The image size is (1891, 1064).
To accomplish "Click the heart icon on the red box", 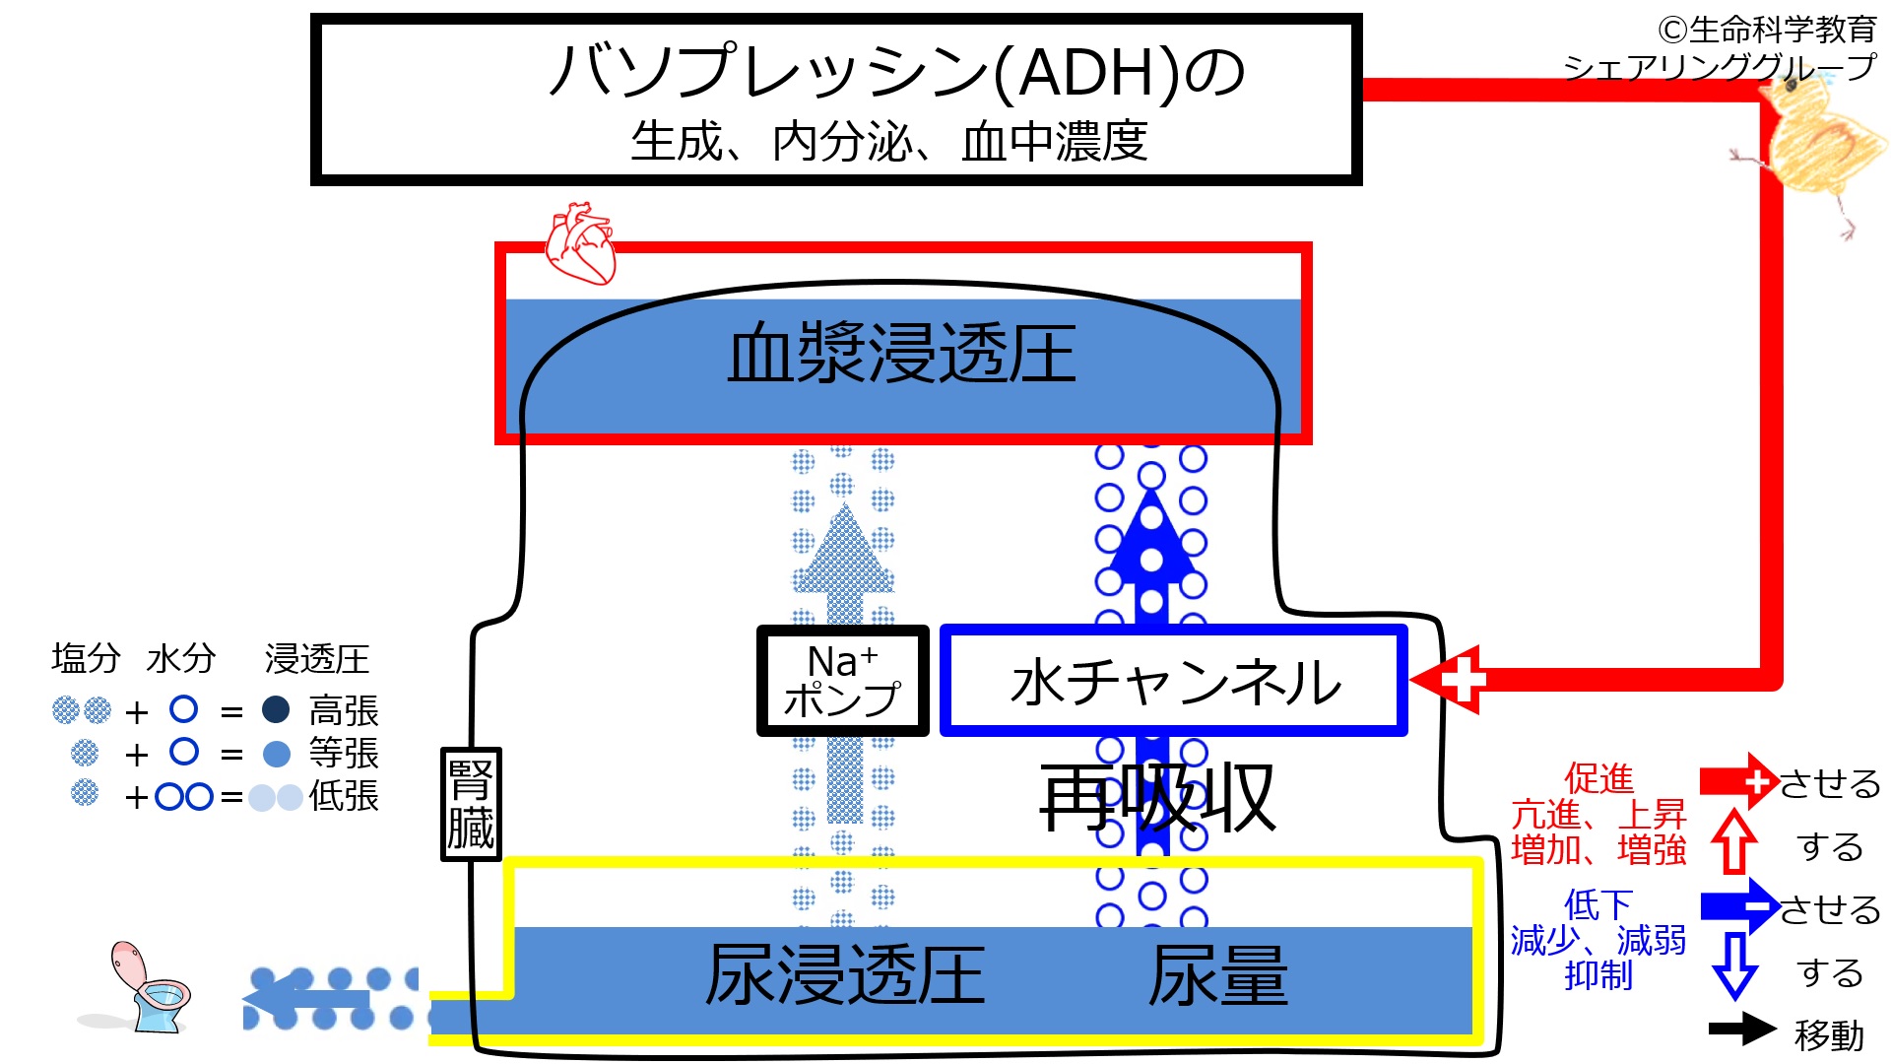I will pos(581,243).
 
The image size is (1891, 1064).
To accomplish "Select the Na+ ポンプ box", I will pos(842,681).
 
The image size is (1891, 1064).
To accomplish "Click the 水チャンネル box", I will pos(1174,681).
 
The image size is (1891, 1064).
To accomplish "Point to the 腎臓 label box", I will pos(471,804).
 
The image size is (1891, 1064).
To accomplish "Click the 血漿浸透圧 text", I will pos(901,354).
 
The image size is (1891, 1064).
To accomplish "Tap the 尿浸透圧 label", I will pos(845,975).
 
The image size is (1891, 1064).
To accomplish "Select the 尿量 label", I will pos(1218,975).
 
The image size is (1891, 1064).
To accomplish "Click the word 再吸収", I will pos(1157,798).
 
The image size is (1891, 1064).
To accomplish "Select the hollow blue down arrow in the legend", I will pos(1734,966).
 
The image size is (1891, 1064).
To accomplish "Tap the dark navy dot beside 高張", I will pos(276,709).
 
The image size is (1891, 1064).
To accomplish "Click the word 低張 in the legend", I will pos(344,796).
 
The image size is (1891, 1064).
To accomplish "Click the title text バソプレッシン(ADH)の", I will pos(896,72).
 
